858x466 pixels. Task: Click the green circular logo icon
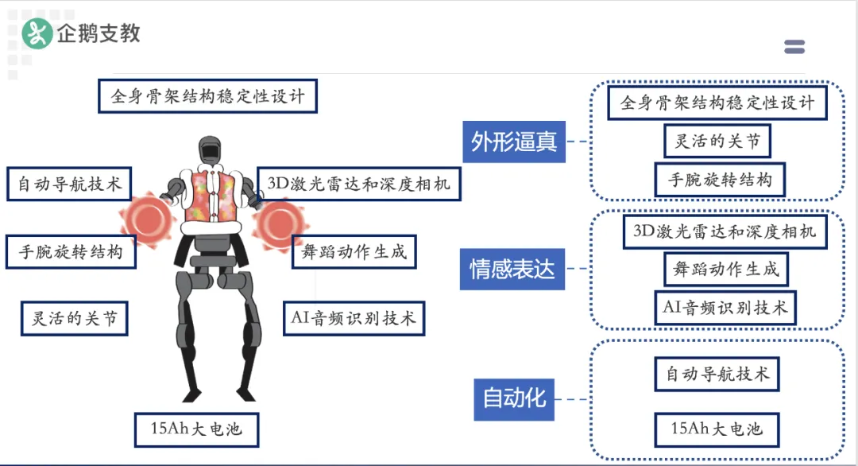point(37,33)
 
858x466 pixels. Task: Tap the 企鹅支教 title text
point(99,33)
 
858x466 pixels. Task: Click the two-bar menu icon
point(794,47)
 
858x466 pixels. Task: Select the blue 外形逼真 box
point(514,142)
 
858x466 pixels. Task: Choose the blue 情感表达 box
point(512,269)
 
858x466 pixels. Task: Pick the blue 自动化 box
point(514,399)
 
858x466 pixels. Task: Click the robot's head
point(210,150)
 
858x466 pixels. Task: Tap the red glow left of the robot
point(147,219)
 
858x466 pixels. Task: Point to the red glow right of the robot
point(280,225)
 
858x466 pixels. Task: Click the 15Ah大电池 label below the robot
point(196,430)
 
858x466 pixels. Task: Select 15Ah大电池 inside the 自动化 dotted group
point(717,430)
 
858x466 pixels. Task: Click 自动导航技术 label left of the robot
point(69,184)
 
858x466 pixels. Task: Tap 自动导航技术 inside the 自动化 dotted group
point(717,375)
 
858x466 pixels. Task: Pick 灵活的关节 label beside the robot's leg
point(75,318)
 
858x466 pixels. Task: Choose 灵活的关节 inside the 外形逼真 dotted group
point(717,142)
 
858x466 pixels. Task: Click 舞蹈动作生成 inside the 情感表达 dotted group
point(726,270)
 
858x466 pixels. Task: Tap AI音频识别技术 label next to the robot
point(354,318)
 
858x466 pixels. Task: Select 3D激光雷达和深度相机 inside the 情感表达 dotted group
point(725,231)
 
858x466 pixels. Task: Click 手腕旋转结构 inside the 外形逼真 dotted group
point(720,180)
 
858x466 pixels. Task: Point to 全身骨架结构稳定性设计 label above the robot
point(208,96)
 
